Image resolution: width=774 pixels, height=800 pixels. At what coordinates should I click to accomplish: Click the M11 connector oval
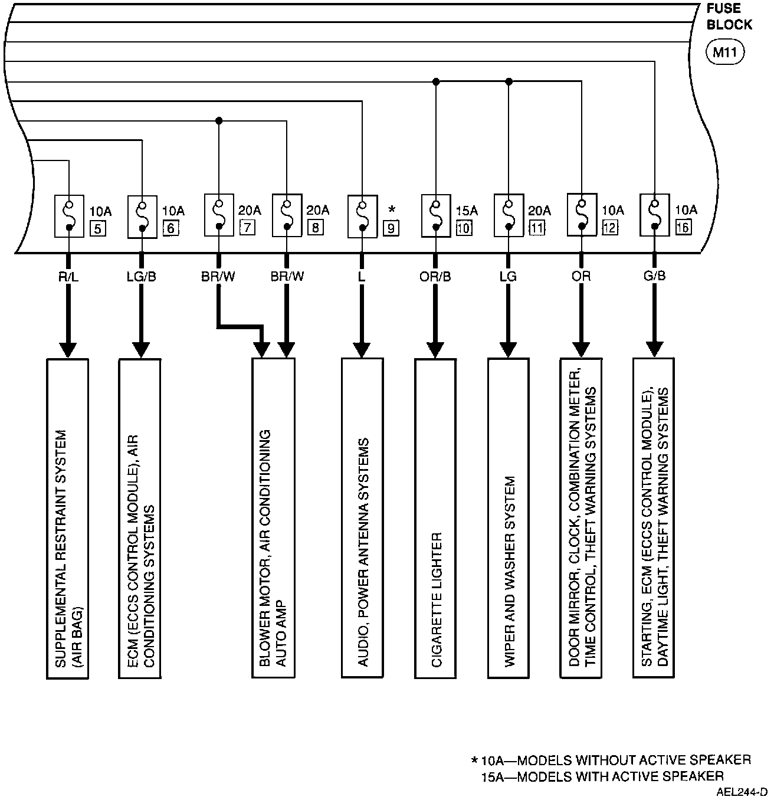(725, 53)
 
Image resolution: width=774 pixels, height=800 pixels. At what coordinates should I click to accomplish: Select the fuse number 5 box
(97, 228)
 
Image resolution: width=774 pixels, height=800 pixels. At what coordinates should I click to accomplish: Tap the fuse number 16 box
(683, 227)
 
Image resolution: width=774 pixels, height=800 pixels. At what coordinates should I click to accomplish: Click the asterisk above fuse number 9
(392, 210)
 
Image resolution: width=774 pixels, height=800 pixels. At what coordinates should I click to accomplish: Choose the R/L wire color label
(68, 276)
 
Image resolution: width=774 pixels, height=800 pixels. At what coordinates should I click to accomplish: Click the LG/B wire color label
(142, 276)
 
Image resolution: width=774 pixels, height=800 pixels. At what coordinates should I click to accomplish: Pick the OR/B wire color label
(435, 276)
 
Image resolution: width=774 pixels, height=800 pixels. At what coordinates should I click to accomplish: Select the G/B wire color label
(654, 276)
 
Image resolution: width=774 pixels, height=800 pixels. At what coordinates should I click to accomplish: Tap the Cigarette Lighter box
(435, 518)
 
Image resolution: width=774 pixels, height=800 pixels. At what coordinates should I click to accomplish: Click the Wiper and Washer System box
(509, 518)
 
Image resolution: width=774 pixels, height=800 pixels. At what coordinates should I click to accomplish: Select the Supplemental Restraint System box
(68, 518)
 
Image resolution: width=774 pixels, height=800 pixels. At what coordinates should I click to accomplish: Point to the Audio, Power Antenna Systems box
(362, 518)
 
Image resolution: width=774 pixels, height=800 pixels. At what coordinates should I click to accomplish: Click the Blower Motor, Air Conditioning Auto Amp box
(273, 518)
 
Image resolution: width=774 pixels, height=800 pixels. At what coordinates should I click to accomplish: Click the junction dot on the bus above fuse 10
(435, 81)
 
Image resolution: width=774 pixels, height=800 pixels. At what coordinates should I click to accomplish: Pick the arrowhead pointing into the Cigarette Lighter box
(435, 349)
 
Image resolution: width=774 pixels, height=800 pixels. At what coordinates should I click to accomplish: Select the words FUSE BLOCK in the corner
(729, 17)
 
